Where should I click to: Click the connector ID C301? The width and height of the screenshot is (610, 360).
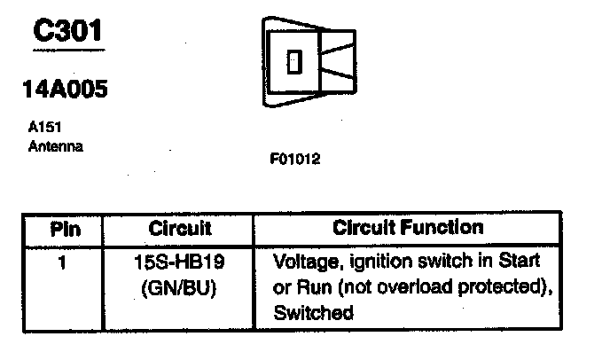66,33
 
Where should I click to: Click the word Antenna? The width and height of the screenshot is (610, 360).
56,146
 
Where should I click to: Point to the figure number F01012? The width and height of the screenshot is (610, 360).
295,160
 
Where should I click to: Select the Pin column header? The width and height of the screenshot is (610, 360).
66,229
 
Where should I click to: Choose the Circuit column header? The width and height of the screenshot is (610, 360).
181,229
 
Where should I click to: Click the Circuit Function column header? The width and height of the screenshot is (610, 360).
408,227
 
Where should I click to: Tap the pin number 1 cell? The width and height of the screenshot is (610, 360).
63,262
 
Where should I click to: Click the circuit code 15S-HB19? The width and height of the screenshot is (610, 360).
180,263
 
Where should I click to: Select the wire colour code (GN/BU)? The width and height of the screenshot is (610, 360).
180,288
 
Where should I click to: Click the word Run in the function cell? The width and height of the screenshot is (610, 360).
310,287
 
